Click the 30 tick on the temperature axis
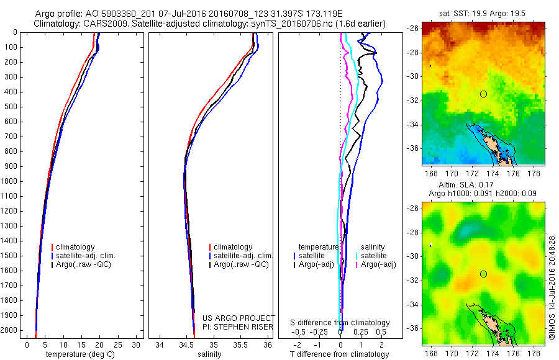[x=136, y=344]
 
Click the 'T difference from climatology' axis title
[x=340, y=354]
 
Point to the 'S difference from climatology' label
[x=340, y=323]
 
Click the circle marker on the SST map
[x=483, y=94]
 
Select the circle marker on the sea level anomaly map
[x=483, y=274]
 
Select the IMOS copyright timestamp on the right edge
[x=552, y=286]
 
